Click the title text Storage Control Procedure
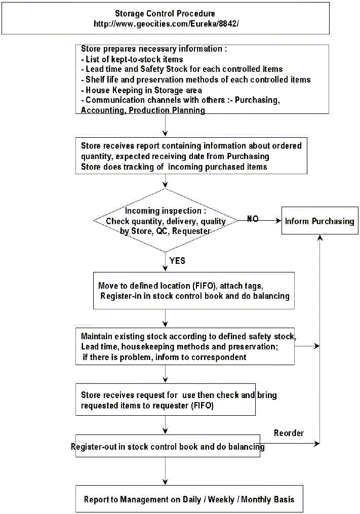[165, 14]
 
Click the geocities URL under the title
[166, 24]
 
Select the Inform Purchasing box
[319, 221]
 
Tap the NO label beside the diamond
[253, 219]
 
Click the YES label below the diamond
[177, 261]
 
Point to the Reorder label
[289, 433]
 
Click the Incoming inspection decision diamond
[166, 221]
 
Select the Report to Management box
[189, 499]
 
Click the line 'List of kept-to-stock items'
[132, 59]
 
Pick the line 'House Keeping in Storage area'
[142, 90]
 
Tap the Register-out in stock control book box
[168, 446]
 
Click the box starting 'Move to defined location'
[194, 291]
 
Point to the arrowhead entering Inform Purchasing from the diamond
[278, 221]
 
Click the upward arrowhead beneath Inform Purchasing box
[320, 238]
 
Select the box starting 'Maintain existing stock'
[185, 346]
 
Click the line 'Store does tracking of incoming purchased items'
[174, 167]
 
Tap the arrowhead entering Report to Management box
[166, 482]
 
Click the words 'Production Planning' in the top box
[167, 110]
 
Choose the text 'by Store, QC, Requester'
[165, 231]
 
